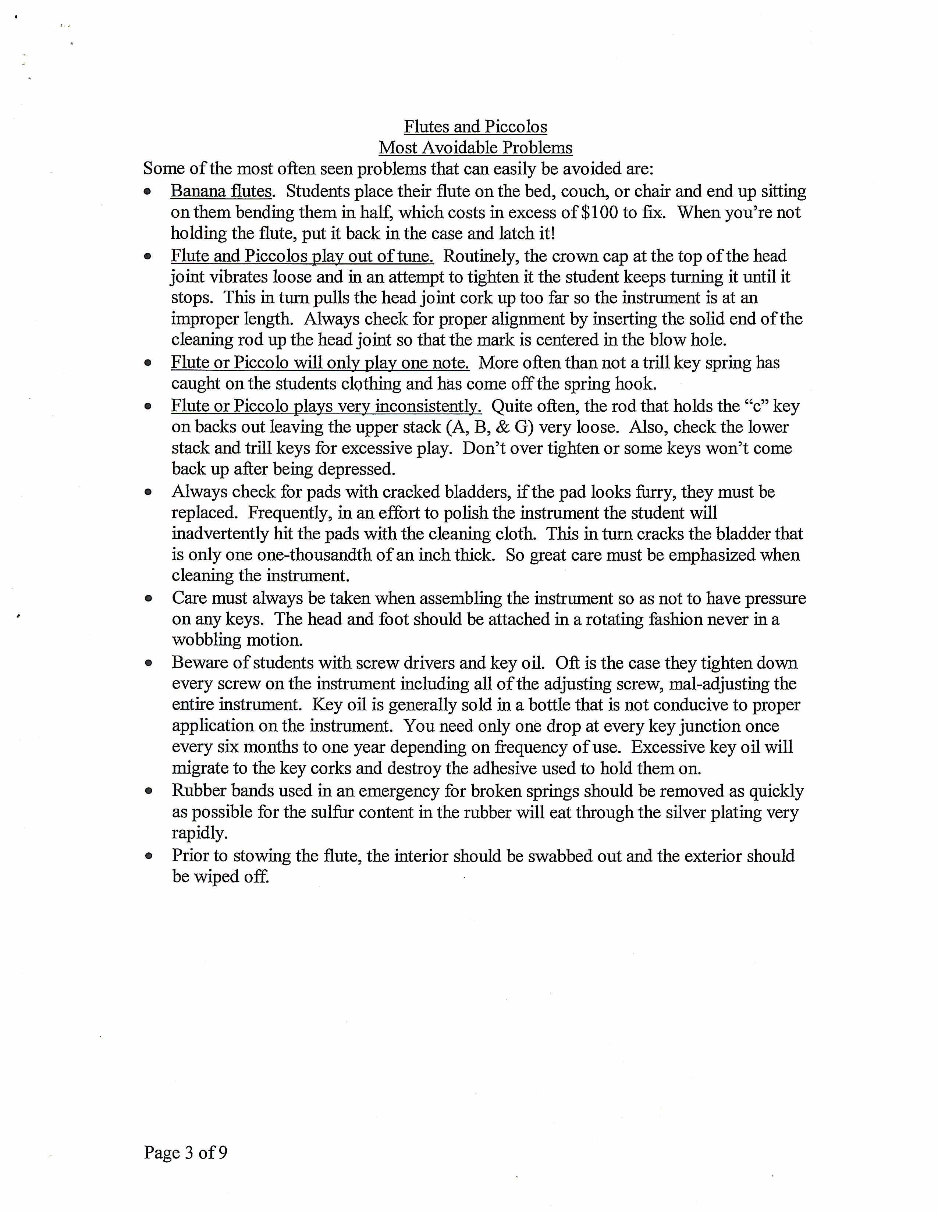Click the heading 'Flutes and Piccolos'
pos(475,127)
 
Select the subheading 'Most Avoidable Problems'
pos(475,148)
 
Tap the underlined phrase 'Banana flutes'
pos(221,191)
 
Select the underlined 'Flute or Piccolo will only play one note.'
pos(320,362)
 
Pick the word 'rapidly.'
pos(199,833)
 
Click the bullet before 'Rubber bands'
pos(148,791)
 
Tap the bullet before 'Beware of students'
pos(148,663)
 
